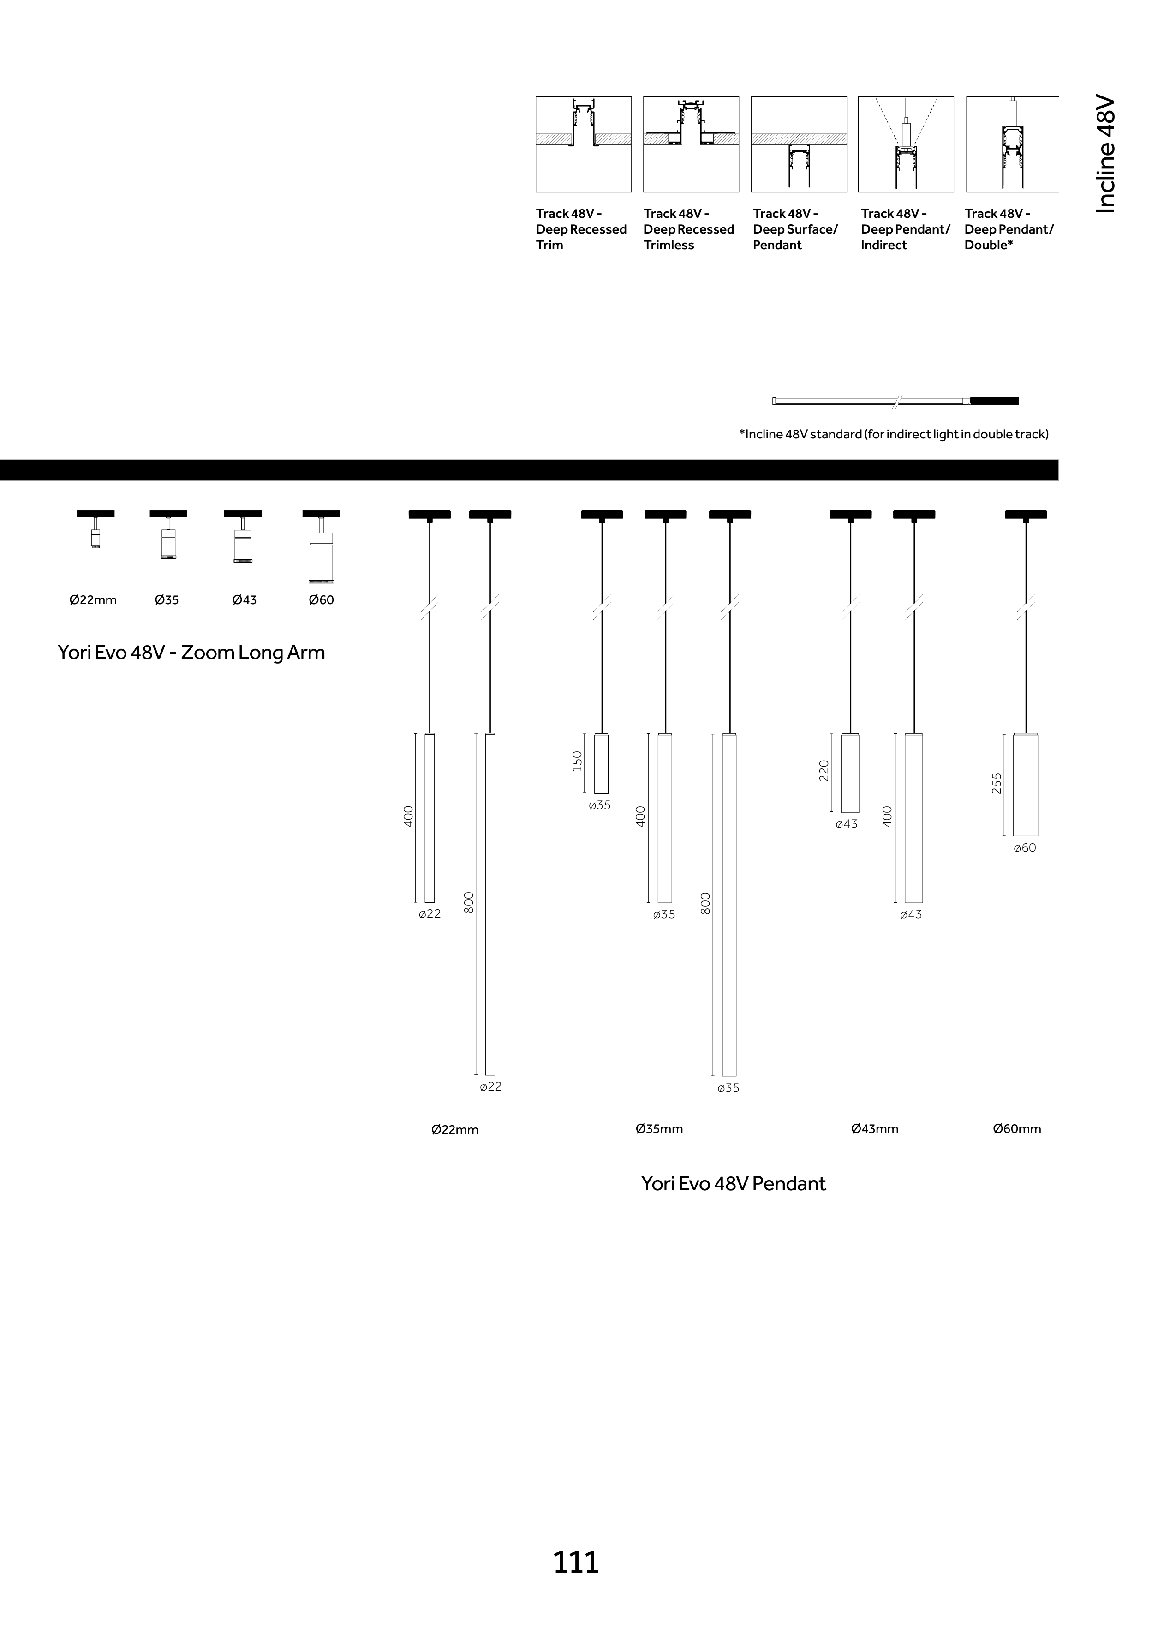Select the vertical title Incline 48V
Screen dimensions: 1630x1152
click(1106, 155)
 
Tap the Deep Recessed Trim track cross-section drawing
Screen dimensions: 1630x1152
click(584, 144)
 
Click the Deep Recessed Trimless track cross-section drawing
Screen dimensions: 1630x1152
click(691, 144)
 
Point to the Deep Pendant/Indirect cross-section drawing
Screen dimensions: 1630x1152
click(906, 144)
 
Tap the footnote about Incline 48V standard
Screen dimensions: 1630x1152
click(894, 434)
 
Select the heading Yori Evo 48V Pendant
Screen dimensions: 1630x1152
click(733, 1183)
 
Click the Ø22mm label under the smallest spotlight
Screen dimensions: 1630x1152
click(93, 600)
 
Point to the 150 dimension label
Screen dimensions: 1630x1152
click(577, 761)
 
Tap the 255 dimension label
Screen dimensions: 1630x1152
click(997, 783)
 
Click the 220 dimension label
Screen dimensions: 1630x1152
click(824, 770)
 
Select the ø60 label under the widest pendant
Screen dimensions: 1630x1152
click(1024, 848)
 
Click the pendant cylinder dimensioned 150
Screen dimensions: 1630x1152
click(601, 763)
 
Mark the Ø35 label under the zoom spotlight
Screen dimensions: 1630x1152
click(167, 600)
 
